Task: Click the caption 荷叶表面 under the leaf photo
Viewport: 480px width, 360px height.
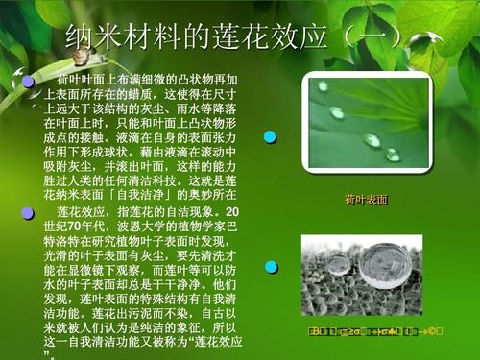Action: [366, 200]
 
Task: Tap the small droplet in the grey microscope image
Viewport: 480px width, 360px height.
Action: [407, 257]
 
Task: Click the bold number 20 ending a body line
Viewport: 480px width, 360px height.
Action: [231, 209]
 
